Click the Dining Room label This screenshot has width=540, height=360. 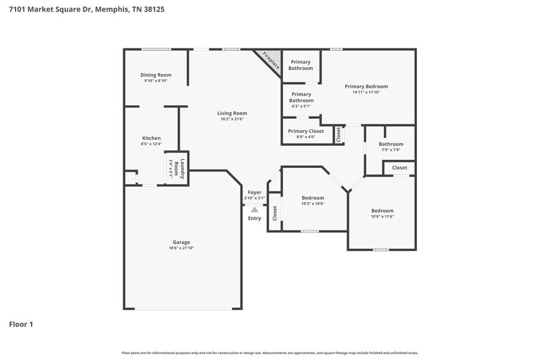pos(156,75)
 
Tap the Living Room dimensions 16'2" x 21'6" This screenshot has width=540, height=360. pos(232,119)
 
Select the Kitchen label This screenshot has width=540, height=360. pos(151,138)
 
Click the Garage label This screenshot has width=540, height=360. pos(181,242)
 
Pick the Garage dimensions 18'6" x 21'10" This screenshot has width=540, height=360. pos(181,248)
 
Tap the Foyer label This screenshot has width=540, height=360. pos(254,192)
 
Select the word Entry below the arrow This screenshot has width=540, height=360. pos(254,219)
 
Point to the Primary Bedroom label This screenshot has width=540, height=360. pos(366,86)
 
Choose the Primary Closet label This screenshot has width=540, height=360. pos(306,131)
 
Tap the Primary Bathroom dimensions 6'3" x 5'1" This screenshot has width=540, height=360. pos(301,107)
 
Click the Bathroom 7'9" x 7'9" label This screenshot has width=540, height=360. pos(391,144)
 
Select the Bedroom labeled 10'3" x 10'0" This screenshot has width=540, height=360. pos(313,198)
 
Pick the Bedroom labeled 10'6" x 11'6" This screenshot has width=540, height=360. pos(382,211)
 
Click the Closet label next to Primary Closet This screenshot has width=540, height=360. pos(338,135)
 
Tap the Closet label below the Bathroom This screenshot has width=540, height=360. pos(399,168)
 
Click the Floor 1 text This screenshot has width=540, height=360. pos(21,324)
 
